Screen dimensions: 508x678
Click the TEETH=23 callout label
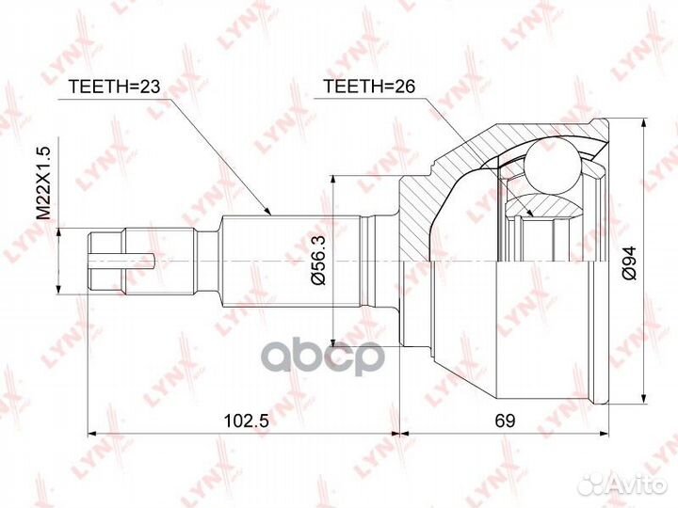[x=116, y=87]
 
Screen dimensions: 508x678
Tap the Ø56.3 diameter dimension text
[x=321, y=263]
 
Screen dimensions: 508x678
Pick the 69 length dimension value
[x=506, y=422]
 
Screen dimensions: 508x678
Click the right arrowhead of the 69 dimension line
[x=606, y=434]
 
